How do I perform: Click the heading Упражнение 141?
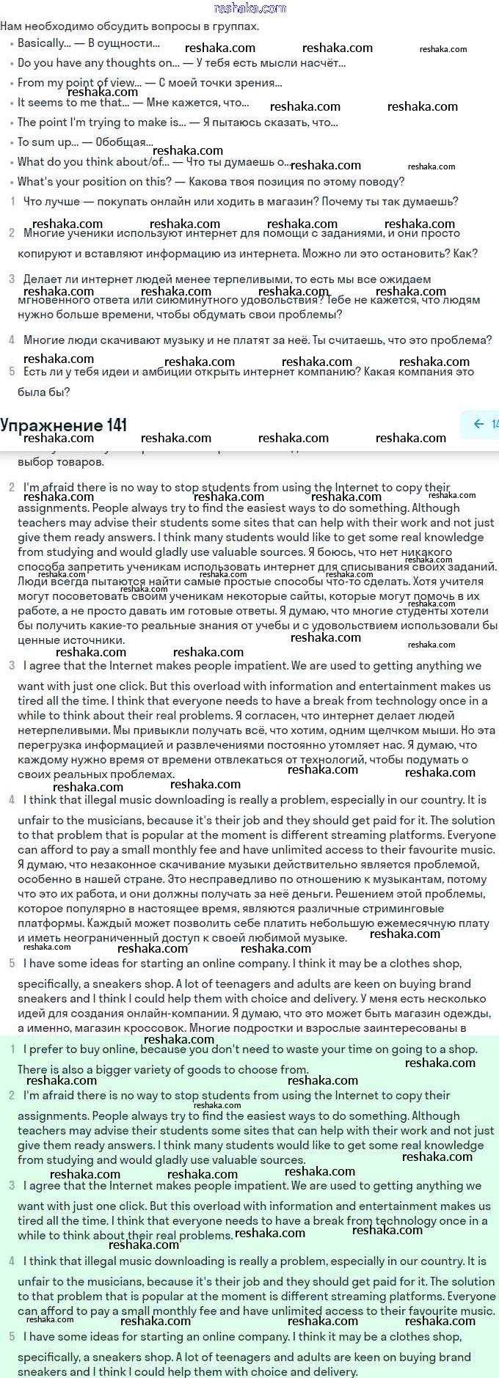[x=64, y=425]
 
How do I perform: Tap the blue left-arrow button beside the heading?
[x=478, y=424]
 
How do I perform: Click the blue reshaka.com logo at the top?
[x=249, y=8]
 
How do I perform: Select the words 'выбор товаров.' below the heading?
[x=61, y=462]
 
